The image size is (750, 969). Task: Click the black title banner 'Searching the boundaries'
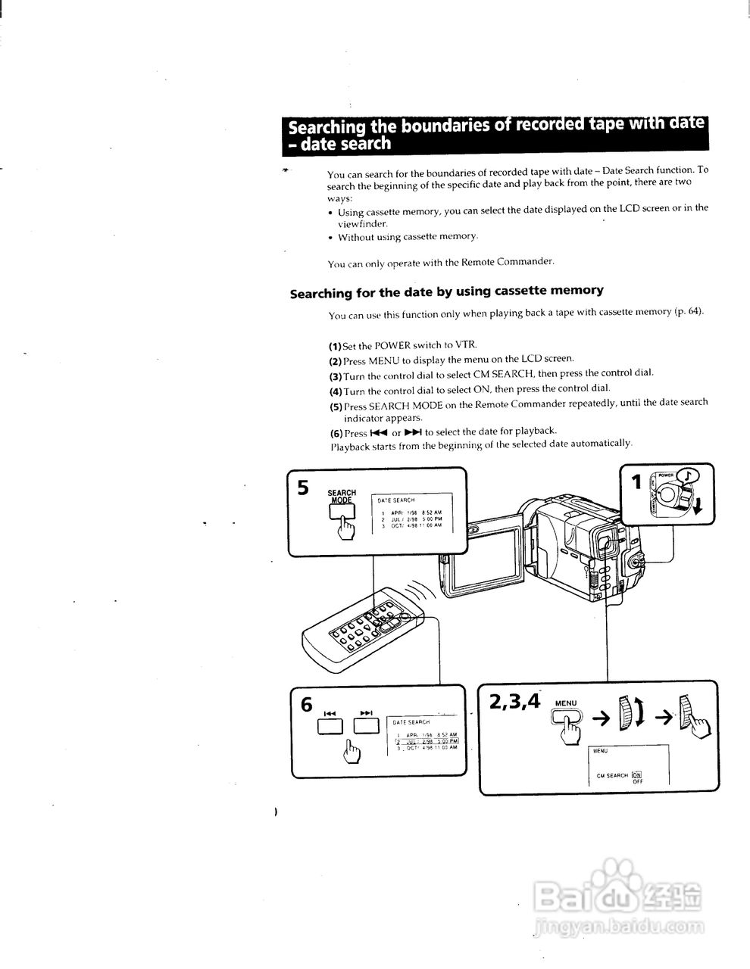(x=492, y=133)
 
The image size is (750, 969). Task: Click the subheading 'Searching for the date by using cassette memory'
(x=447, y=291)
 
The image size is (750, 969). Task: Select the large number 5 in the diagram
(x=303, y=488)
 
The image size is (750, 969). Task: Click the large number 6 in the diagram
(x=306, y=704)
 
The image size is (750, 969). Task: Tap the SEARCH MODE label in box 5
(x=341, y=497)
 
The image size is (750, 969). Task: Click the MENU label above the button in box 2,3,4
(x=566, y=703)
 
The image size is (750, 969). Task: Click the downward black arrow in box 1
(x=698, y=507)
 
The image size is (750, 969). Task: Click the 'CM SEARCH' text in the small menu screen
(x=612, y=775)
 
